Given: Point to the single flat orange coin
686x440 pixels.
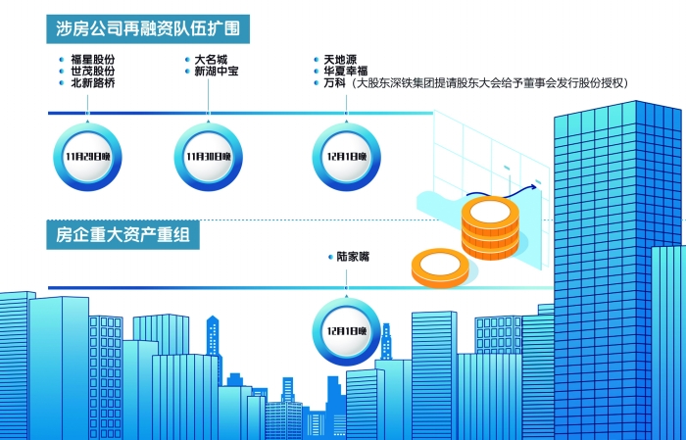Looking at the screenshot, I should pos(439,268).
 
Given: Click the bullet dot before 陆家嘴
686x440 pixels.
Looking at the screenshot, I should pos(329,258).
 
